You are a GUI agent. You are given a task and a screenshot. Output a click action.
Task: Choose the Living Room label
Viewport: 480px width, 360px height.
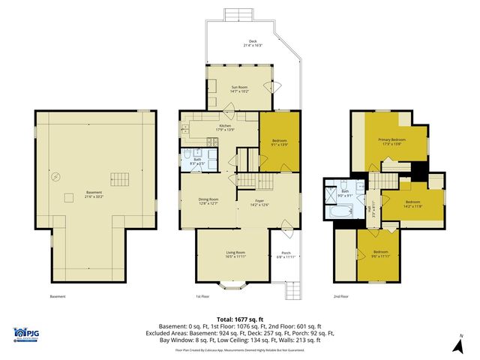point(236,255)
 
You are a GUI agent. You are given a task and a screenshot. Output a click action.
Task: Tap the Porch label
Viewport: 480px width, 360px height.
point(286,255)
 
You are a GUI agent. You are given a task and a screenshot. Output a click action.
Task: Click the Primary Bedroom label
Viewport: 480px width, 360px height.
point(391,142)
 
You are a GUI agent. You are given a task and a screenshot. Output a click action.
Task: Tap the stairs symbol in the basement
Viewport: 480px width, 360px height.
point(120,179)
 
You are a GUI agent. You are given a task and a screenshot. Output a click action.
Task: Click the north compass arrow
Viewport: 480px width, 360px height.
point(459,344)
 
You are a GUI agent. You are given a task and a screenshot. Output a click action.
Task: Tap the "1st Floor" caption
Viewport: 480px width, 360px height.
point(202,296)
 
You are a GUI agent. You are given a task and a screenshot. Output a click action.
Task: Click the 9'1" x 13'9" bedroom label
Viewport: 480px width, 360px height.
point(279,142)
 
